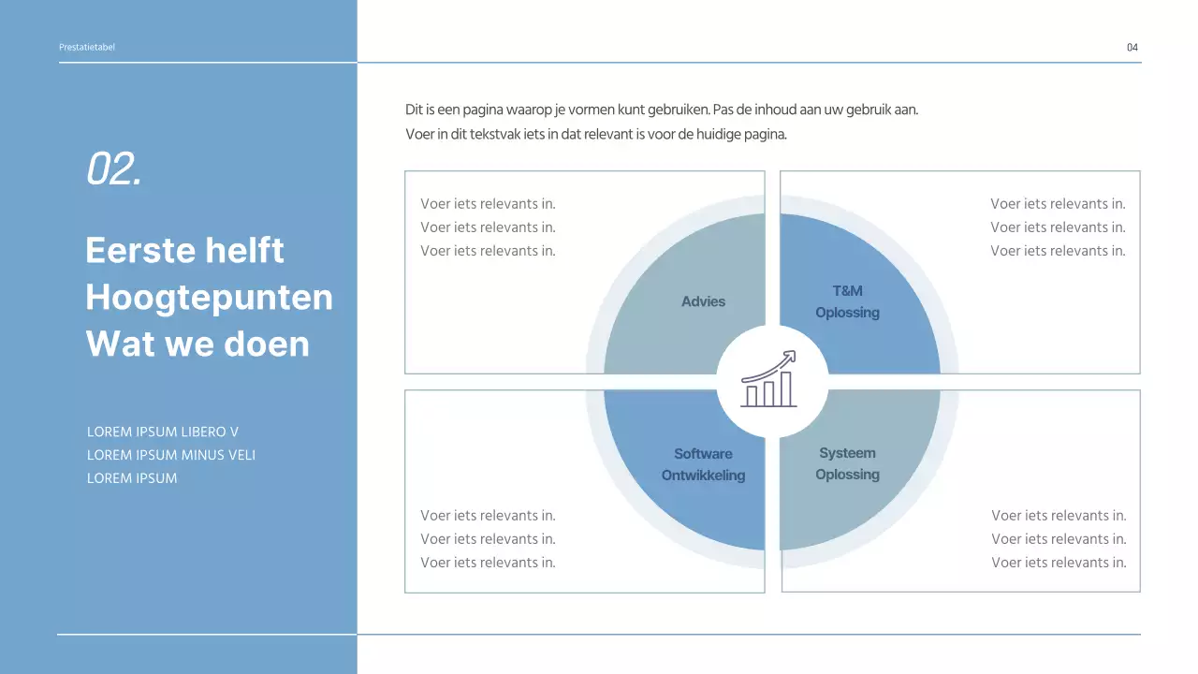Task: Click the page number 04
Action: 1132,48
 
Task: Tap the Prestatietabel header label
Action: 87,48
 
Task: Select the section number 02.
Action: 114,169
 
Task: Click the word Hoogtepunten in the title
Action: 209,298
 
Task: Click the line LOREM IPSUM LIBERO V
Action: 163,432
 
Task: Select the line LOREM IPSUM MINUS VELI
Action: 171,455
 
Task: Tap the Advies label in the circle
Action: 704,301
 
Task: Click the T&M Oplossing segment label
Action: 847,301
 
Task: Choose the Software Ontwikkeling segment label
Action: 703,464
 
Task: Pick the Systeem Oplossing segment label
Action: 847,463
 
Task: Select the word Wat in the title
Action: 118,344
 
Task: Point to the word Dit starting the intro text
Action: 415,110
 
